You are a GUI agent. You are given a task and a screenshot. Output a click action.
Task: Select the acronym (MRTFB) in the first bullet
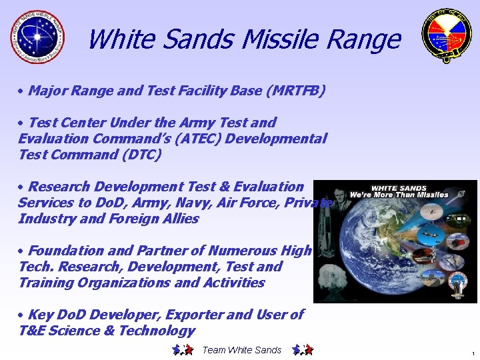(295, 91)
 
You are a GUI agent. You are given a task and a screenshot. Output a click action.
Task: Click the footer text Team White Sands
(241, 350)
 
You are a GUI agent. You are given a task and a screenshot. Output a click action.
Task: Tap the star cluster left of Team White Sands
(182, 350)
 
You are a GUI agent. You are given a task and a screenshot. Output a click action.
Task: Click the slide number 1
(472, 353)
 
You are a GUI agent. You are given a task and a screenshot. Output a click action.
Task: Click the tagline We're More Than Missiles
(409, 195)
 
